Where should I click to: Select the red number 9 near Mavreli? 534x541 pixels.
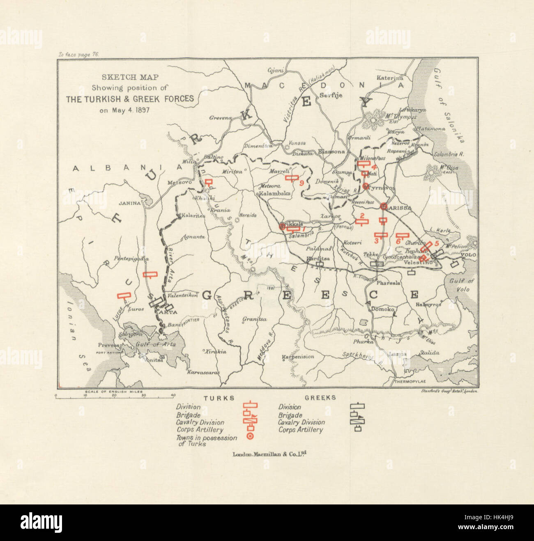point(302,183)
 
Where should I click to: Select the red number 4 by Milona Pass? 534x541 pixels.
point(374,167)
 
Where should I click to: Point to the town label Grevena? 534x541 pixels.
point(221,118)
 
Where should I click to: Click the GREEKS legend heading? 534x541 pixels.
point(320,397)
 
